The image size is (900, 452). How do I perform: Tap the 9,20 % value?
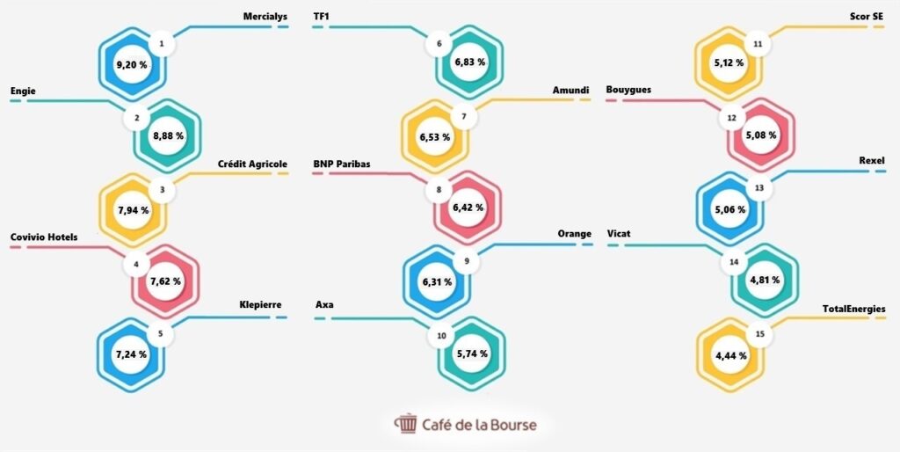132,65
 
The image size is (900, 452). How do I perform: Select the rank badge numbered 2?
137,117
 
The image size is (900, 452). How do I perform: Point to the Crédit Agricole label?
252,164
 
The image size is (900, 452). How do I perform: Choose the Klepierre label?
260,305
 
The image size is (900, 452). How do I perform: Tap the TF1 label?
322,16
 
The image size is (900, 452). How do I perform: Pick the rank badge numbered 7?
463,117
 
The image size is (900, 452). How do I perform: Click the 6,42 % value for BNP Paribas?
468,208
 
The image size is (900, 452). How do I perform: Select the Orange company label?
575,234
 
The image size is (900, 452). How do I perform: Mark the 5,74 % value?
471,354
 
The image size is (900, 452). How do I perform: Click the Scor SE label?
866,16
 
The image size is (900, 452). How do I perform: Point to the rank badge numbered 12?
732,117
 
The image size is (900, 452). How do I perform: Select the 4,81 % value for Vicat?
764,281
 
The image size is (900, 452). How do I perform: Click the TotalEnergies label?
853,309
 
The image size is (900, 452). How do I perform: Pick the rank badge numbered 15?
760,334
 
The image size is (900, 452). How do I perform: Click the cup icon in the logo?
406,424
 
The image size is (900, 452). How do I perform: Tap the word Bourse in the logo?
510,425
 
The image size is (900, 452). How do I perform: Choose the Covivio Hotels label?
44,237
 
